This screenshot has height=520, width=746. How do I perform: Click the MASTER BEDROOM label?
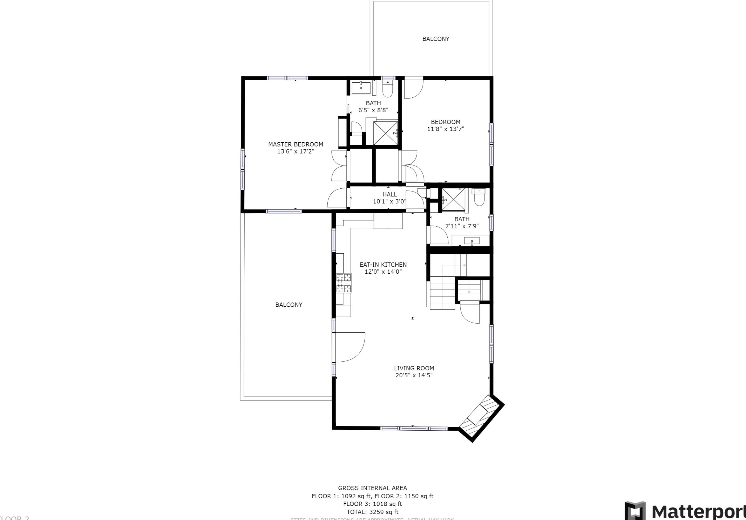[295, 144]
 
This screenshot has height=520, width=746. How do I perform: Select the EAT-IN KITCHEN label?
[383, 265]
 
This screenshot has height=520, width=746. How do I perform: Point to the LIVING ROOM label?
[414, 368]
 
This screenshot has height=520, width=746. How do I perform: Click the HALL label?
[389, 194]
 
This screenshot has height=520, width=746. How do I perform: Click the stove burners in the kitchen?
[344, 283]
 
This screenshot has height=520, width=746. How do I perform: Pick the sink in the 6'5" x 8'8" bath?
[361, 88]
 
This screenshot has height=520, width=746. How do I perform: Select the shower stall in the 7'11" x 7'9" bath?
[454, 199]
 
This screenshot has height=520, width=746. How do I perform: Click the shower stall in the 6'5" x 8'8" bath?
[385, 133]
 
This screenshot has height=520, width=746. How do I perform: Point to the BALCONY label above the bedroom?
[435, 39]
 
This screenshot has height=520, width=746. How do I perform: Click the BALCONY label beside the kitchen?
[288, 305]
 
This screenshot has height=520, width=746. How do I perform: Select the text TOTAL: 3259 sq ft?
[372, 512]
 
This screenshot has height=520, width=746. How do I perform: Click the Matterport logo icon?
[635, 511]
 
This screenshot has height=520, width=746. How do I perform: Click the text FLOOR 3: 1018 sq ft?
[372, 504]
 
